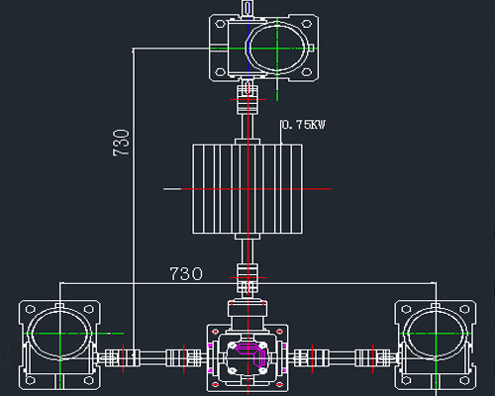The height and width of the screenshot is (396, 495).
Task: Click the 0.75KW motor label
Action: click(x=304, y=125)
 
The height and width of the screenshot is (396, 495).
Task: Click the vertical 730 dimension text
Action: click(x=121, y=143)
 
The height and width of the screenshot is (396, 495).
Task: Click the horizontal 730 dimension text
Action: click(x=186, y=274)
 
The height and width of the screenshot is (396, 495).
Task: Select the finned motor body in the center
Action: click(x=247, y=189)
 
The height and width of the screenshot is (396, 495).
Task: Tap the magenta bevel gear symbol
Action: click(x=251, y=353)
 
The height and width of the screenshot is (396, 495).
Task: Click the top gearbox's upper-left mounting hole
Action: click(x=220, y=24)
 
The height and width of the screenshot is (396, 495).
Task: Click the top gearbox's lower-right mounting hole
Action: click(x=307, y=72)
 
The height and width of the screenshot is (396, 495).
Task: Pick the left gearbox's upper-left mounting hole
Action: click(x=30, y=309)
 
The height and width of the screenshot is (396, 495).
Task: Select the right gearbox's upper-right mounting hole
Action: click(x=464, y=309)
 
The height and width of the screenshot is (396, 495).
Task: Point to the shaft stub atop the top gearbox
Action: click(x=247, y=8)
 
